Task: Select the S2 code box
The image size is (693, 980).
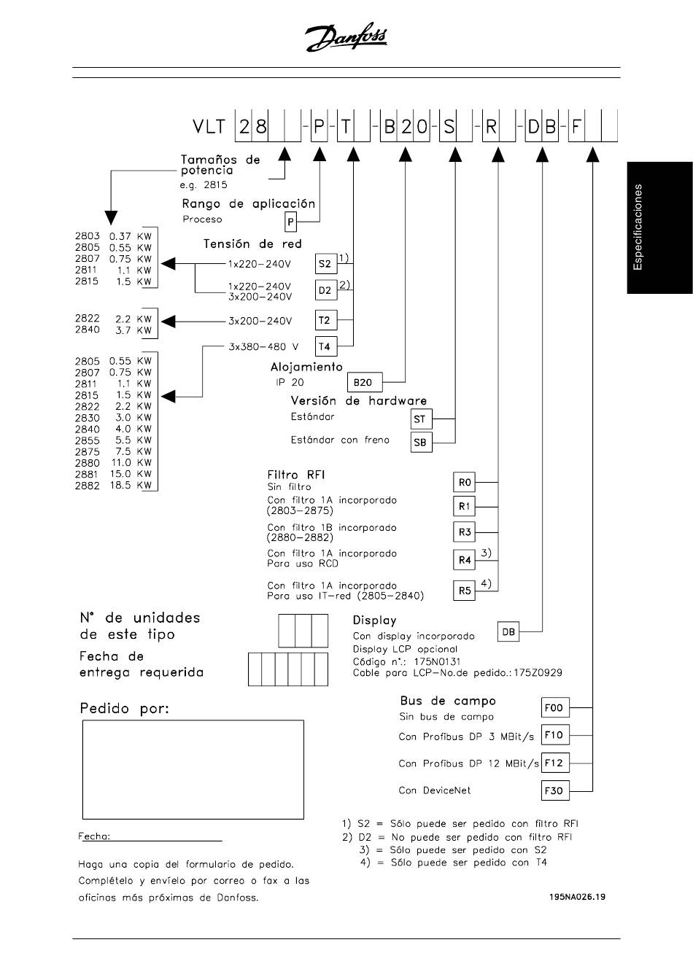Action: click(325, 263)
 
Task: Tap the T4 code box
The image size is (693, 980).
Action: click(325, 346)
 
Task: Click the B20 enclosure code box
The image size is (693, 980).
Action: click(363, 382)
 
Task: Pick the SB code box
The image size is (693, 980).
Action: click(420, 442)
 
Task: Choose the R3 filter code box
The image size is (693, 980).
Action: click(465, 532)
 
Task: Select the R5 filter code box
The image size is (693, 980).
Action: click(465, 591)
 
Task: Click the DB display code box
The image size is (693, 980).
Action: click(508, 632)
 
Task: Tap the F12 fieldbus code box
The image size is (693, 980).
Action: click(554, 763)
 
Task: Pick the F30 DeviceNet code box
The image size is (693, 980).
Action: click(554, 790)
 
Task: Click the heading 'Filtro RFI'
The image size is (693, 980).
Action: click(296, 474)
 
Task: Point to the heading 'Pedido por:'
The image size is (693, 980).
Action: click(124, 708)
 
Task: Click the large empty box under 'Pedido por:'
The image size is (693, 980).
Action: click(193, 770)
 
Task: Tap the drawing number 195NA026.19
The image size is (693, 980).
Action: click(577, 897)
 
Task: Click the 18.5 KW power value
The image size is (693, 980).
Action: click(121, 486)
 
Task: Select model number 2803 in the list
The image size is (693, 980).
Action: click(87, 236)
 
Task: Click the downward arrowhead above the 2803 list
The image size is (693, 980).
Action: click(110, 217)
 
